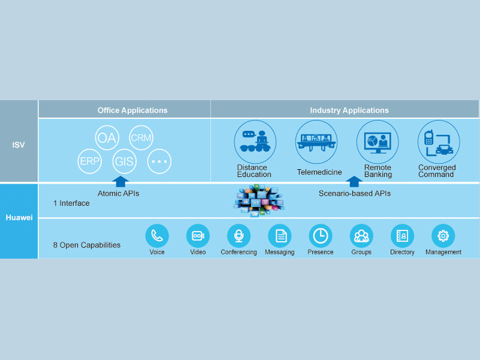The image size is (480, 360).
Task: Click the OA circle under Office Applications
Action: click(106, 138)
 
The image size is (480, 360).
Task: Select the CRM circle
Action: click(141, 137)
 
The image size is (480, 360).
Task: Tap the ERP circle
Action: click(90, 161)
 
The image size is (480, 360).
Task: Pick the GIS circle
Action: click(125, 161)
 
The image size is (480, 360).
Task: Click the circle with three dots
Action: click(159, 161)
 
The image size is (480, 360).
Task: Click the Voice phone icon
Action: click(157, 236)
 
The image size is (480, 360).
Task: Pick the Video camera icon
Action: click(198, 236)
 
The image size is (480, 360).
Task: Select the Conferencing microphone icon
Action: click(239, 236)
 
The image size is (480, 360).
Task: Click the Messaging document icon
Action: click(280, 236)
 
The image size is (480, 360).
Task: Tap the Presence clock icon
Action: click(320, 236)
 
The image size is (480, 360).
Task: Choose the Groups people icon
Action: click(361, 236)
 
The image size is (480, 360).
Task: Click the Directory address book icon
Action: click(402, 236)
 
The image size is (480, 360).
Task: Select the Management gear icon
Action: click(443, 236)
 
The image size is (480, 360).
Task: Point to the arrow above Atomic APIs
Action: click(121, 182)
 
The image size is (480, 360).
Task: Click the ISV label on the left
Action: click(19, 145)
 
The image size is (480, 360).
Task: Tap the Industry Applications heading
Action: click(349, 110)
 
